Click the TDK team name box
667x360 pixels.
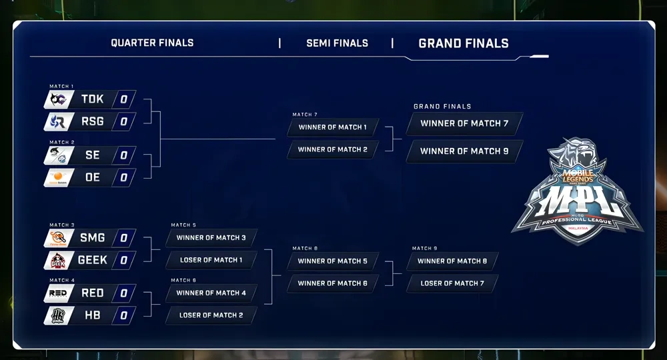[93, 99]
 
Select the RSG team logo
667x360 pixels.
[58, 122]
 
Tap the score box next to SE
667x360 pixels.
[123, 155]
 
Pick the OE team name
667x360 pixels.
[93, 177]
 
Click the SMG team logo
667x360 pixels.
[58, 238]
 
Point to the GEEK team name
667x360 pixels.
[93, 260]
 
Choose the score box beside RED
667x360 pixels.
[123, 293]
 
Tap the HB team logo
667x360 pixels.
[58, 315]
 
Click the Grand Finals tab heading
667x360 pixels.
[464, 43]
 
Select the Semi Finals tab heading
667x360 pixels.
[337, 43]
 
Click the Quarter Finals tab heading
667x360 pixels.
[152, 43]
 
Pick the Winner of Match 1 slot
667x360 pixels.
[332, 127]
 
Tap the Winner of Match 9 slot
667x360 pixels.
[464, 151]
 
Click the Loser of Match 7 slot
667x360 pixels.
[452, 283]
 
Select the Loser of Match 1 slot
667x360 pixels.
[211, 260]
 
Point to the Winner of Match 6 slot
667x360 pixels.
[332, 283]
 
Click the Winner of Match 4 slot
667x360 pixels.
[211, 293]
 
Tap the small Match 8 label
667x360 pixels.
[305, 248]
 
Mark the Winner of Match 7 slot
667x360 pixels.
[464, 123]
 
